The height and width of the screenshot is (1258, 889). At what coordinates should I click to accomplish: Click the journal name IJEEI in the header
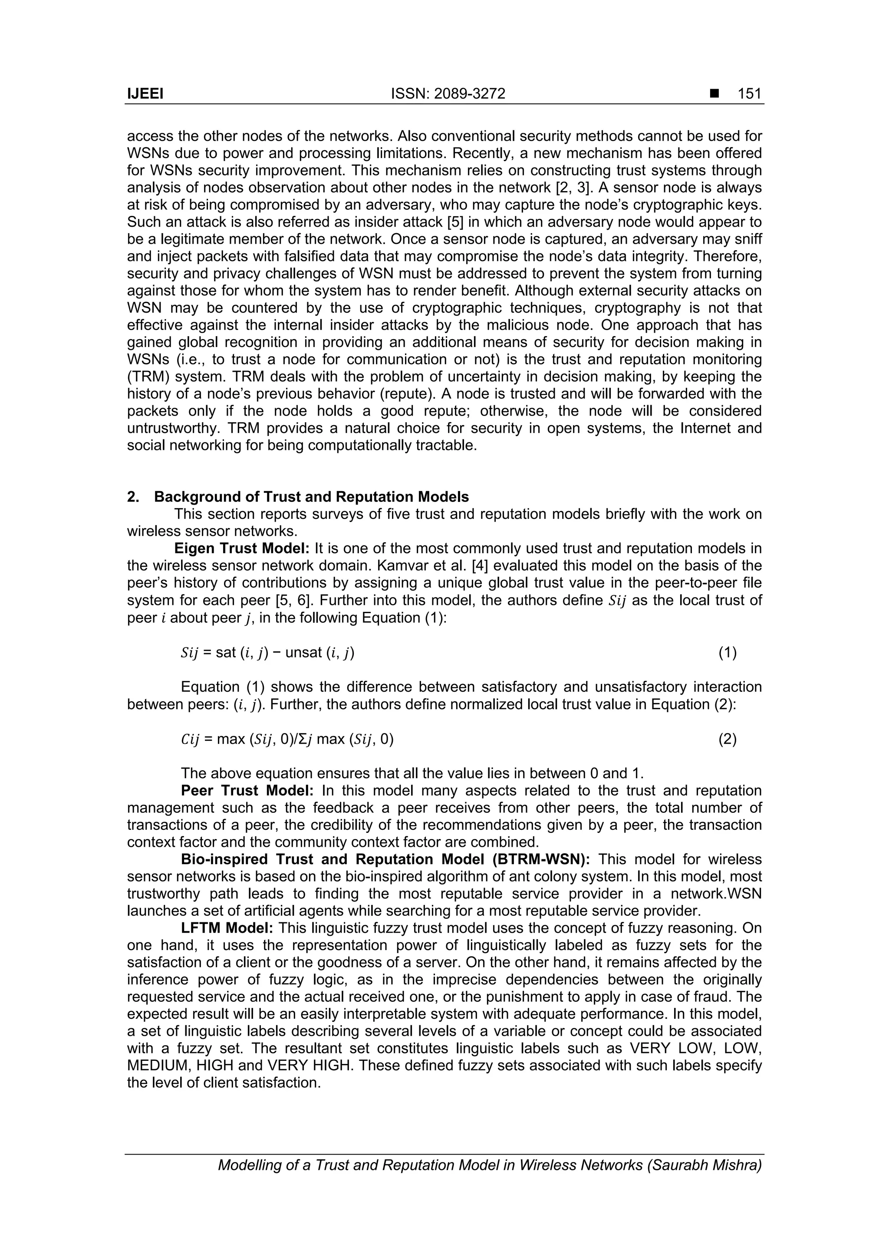145,94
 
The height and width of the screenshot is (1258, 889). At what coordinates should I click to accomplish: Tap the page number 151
749,94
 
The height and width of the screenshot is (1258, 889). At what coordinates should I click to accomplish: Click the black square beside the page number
714,94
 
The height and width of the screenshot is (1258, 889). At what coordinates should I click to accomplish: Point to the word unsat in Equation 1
304,653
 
